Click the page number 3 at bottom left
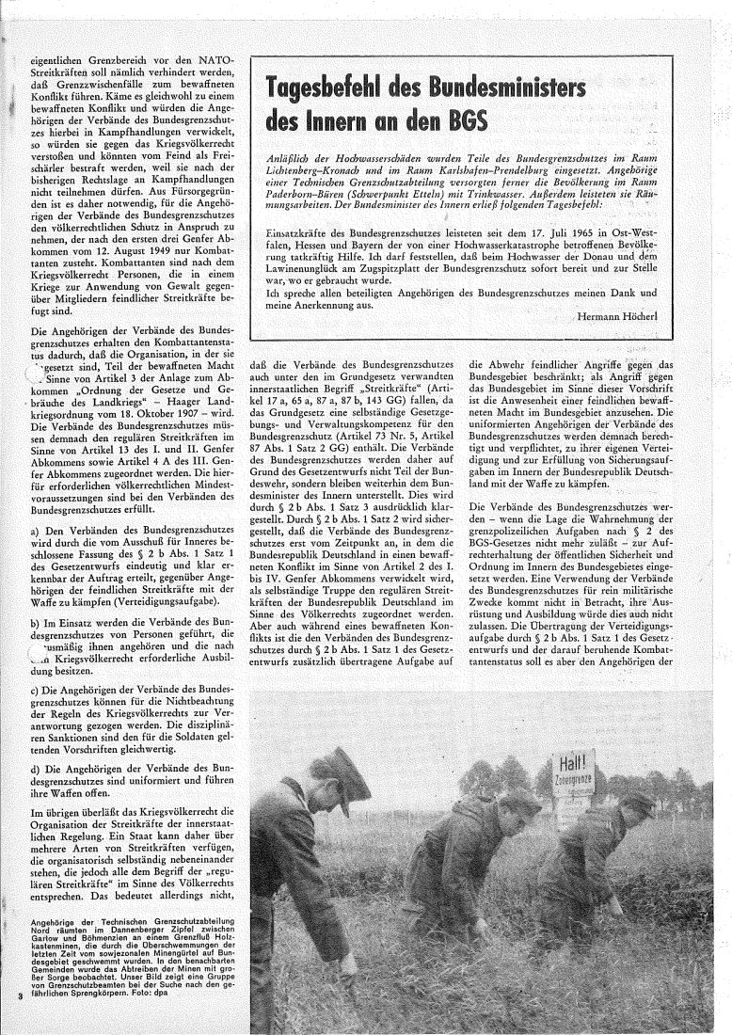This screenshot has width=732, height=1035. [19, 1019]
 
